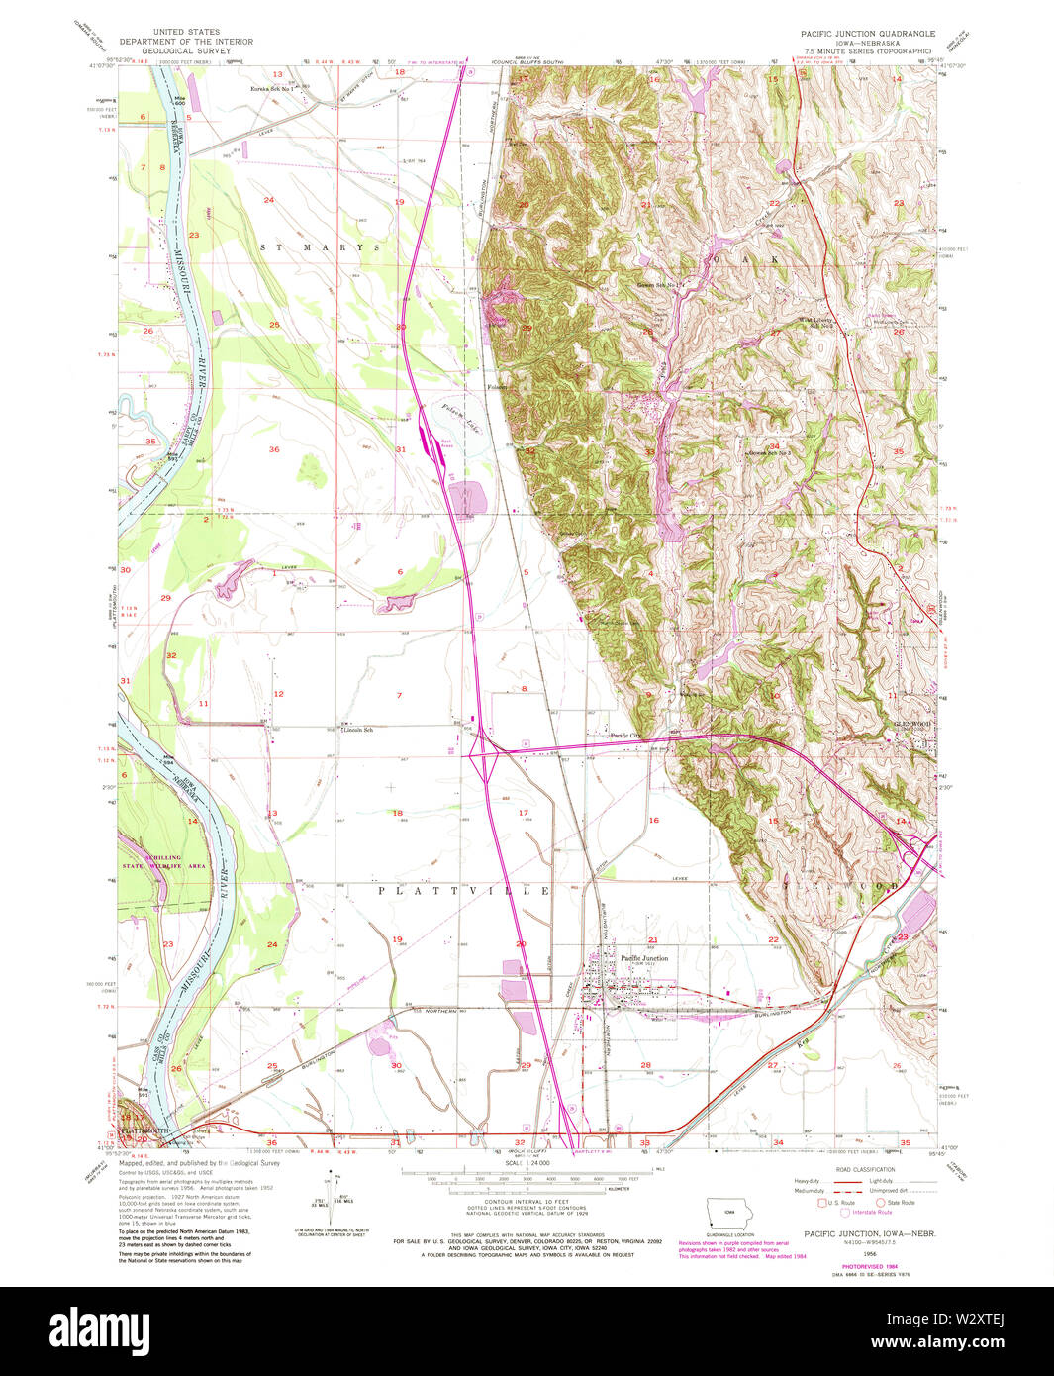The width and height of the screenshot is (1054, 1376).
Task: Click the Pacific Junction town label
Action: [643, 958]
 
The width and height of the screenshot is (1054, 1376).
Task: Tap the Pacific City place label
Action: [624, 736]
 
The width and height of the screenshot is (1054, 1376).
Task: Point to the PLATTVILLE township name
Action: [463, 891]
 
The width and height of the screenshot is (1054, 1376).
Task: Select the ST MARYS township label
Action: [320, 246]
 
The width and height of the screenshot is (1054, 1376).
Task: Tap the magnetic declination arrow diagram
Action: [335, 1198]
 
